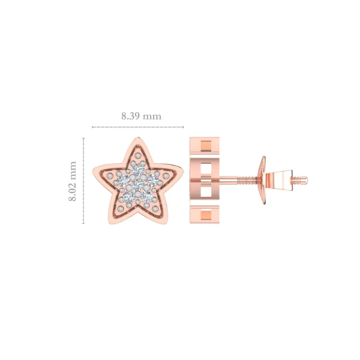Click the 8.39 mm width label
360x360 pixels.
click(x=141, y=116)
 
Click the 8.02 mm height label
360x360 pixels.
click(x=73, y=181)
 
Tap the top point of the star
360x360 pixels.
click(x=138, y=138)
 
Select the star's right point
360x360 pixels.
click(x=183, y=170)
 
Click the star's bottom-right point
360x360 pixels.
click(x=165, y=221)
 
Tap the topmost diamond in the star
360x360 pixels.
click(x=139, y=169)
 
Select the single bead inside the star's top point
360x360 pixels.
click(x=138, y=155)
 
